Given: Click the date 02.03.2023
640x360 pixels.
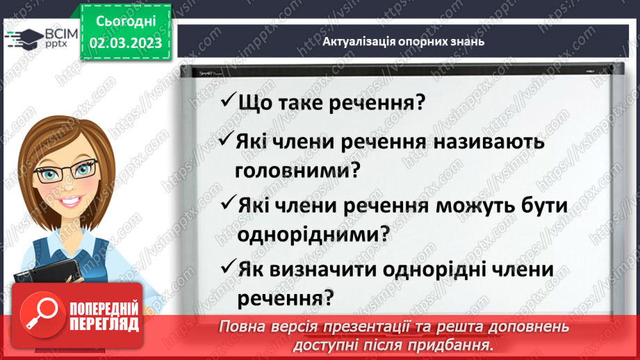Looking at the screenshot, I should click(x=125, y=42).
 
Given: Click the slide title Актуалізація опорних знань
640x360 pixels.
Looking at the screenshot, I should click(x=403, y=41).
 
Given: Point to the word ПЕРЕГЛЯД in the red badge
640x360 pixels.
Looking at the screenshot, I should click(x=104, y=324).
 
